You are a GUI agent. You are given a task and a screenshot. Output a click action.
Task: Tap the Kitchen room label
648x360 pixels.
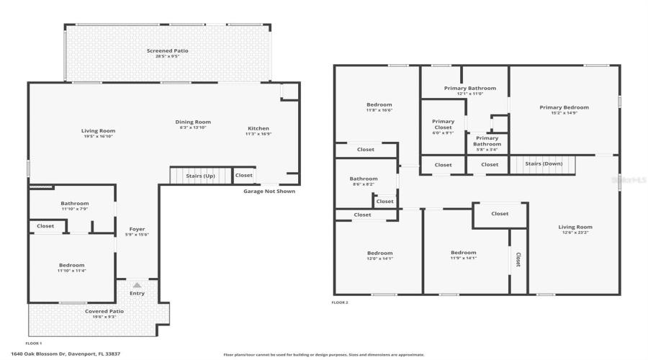(x=258, y=128)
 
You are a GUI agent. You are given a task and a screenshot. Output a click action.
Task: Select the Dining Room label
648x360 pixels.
(x=193, y=122)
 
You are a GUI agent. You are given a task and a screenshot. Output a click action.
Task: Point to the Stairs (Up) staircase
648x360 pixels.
(x=200, y=175)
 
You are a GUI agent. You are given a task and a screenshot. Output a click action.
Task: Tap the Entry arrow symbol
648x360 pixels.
(x=137, y=285)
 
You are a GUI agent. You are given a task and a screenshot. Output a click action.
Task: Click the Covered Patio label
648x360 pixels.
(x=104, y=311)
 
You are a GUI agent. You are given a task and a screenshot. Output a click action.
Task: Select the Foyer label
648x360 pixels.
(x=137, y=230)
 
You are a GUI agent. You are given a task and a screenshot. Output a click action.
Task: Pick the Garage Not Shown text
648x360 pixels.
(x=269, y=191)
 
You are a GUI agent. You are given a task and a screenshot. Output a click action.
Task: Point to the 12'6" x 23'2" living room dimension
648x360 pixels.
(x=575, y=233)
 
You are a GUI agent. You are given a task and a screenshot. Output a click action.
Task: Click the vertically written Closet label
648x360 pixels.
(x=518, y=260)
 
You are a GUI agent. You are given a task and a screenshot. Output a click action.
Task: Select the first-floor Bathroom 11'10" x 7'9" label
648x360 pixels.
(x=74, y=203)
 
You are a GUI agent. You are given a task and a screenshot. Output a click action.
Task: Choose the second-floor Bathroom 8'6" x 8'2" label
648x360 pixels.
(x=364, y=179)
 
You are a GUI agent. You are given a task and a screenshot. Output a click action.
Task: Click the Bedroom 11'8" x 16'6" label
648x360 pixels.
(x=379, y=105)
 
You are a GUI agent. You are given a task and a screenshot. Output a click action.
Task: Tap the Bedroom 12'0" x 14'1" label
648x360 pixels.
(x=379, y=253)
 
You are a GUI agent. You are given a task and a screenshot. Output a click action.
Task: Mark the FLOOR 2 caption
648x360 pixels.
(x=340, y=302)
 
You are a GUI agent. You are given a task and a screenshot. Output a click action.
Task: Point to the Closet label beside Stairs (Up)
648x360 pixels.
(x=244, y=175)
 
